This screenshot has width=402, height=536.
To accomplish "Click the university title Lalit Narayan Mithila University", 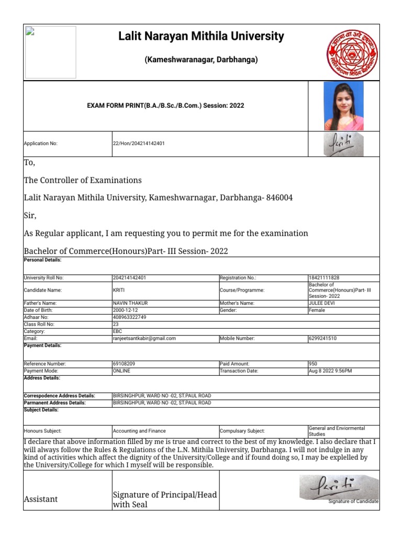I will [x=201, y=37].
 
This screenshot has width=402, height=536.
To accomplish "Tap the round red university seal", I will [x=352, y=53].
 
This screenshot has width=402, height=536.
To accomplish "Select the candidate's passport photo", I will [x=344, y=106].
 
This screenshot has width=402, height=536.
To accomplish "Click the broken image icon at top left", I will [x=30, y=32].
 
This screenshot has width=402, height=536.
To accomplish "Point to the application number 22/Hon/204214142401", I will [x=139, y=143].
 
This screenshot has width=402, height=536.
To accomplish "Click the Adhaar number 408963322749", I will [x=130, y=317].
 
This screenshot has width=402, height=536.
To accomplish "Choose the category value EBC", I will [x=118, y=331].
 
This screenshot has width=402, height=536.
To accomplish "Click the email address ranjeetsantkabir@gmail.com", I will [x=144, y=339].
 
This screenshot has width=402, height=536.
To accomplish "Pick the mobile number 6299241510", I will [x=323, y=339].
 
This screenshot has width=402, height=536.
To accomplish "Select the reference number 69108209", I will [x=126, y=363].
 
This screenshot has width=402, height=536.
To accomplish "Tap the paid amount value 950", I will [x=313, y=363].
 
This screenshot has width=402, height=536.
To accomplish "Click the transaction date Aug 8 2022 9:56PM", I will [x=330, y=371].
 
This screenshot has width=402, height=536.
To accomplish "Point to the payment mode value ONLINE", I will [x=121, y=371].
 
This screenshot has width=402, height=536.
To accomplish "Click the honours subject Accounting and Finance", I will [x=139, y=431].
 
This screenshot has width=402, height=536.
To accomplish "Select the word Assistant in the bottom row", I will [x=41, y=499].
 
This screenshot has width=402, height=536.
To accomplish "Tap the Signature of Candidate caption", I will [x=353, y=501].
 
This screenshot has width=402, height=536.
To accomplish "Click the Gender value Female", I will [x=317, y=310].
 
